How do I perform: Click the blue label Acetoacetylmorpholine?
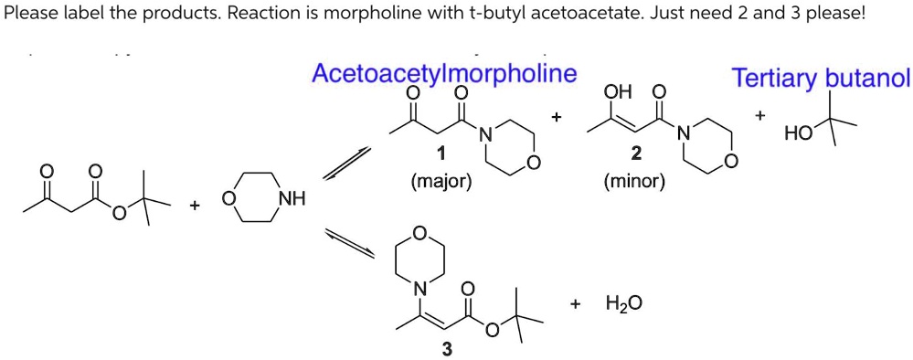pos(444,73)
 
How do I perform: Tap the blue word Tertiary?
pos(776,79)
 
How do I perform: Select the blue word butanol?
pos(867,79)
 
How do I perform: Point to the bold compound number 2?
pos(636,152)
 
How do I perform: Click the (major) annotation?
pos(441,181)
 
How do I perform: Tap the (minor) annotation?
pos(635,181)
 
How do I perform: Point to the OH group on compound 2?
pos(618,92)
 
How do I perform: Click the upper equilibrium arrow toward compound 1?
pos(345,164)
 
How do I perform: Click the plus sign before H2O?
pos(575,302)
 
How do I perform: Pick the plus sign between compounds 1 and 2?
pos(556,118)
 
